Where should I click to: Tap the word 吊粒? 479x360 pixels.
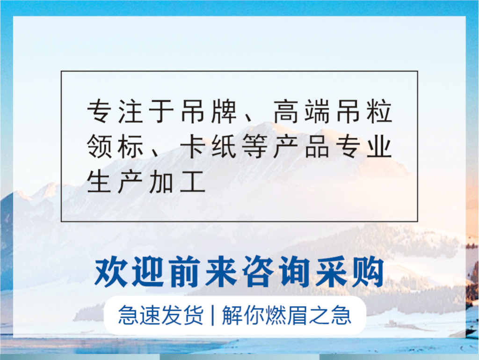coord(360,112)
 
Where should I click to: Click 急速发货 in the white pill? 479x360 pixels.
coord(160,315)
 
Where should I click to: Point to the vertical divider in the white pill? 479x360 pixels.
coord(213,315)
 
